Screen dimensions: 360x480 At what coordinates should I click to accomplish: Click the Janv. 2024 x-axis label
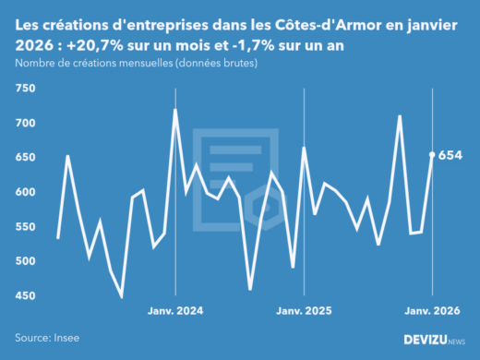click(175, 312)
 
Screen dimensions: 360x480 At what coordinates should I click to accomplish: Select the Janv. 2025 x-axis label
click(304, 312)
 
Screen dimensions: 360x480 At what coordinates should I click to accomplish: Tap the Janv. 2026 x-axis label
click(432, 312)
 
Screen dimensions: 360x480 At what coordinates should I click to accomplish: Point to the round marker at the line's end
click(432, 155)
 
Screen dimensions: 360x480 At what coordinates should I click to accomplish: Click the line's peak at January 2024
click(175, 110)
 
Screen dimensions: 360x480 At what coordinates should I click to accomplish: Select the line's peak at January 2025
click(304, 148)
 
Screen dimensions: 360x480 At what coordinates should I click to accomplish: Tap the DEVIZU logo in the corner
click(435, 340)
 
